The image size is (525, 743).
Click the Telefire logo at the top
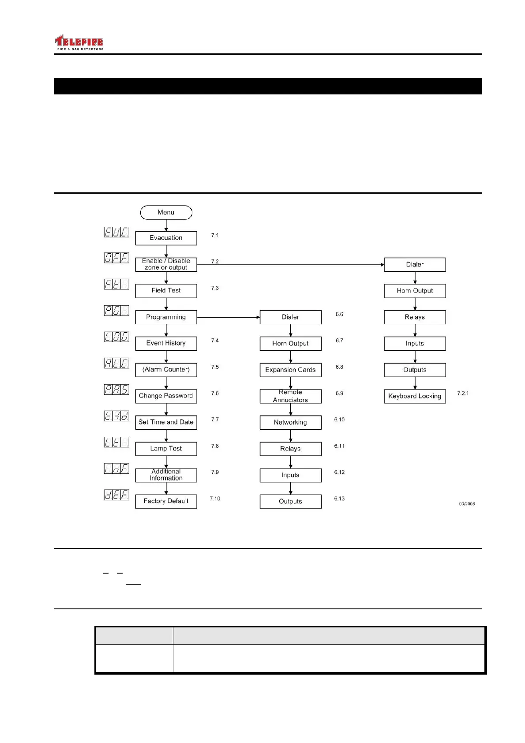click(x=79, y=43)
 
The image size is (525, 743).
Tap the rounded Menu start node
click(x=166, y=212)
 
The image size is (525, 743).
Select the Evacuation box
click(x=166, y=238)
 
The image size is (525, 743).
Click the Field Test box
click(x=166, y=290)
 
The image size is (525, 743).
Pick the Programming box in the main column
click(x=166, y=317)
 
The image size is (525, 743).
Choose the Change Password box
click(x=166, y=396)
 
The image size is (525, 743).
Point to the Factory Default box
click(x=166, y=501)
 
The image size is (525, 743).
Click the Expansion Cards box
click(x=290, y=370)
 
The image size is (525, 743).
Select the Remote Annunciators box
click(x=290, y=396)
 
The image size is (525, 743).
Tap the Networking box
click(x=290, y=422)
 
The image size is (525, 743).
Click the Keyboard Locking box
click(x=415, y=396)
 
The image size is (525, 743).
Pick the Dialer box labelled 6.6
click(x=290, y=317)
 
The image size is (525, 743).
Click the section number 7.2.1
click(x=463, y=393)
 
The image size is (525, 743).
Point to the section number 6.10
click(x=339, y=420)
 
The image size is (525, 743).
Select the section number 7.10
click(x=215, y=499)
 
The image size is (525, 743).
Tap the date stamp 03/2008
click(x=467, y=504)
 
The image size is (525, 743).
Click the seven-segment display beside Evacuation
click(x=116, y=232)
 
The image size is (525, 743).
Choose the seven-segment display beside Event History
click(x=116, y=337)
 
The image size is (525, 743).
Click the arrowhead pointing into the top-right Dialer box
click(x=382, y=265)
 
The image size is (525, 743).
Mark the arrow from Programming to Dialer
click(x=228, y=317)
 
